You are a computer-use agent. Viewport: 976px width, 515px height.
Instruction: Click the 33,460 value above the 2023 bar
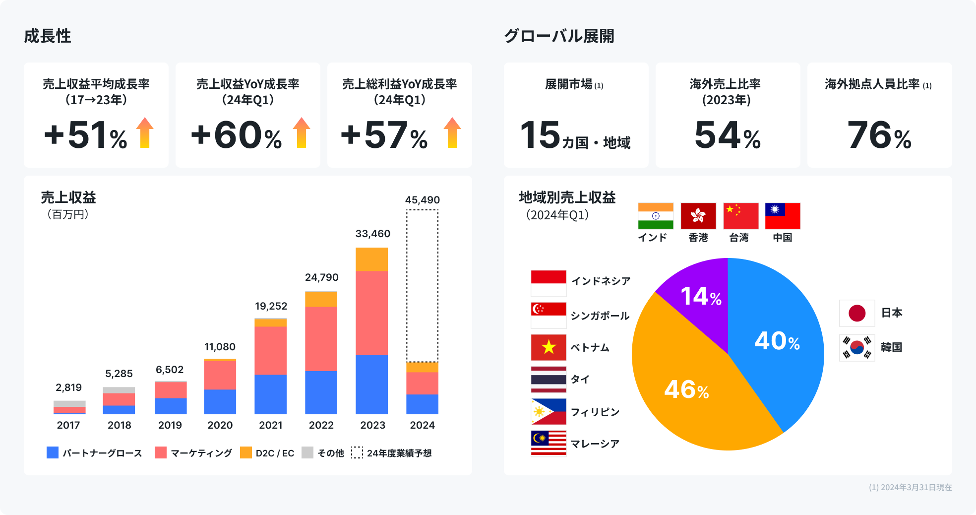click(372, 234)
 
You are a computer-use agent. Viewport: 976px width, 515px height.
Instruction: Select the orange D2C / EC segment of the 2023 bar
click(371, 259)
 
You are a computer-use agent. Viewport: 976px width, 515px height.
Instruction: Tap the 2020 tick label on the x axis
click(220, 425)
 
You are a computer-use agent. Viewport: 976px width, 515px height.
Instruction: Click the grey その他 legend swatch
click(307, 452)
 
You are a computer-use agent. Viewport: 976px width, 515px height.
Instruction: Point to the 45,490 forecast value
click(422, 200)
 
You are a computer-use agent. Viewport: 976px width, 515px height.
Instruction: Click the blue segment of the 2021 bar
click(270, 394)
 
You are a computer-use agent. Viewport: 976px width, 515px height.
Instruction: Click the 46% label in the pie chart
click(686, 389)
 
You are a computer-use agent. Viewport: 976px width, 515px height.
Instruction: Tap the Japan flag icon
click(856, 313)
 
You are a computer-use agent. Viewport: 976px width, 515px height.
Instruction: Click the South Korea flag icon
click(856, 347)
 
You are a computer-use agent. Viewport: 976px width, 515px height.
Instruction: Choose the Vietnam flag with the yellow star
click(548, 347)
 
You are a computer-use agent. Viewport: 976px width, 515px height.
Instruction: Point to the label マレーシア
click(595, 444)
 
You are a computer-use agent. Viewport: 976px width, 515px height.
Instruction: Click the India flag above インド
click(655, 216)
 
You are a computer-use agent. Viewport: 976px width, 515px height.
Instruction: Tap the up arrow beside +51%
click(145, 133)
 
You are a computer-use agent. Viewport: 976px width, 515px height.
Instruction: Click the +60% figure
click(236, 135)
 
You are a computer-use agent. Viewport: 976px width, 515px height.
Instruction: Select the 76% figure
click(879, 135)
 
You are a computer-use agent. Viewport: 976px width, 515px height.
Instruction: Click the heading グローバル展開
click(559, 36)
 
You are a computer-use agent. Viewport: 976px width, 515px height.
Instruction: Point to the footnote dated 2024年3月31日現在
click(910, 487)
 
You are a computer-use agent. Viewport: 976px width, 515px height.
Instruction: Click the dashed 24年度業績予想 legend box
click(357, 452)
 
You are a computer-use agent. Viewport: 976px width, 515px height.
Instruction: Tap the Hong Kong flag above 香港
click(698, 216)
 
